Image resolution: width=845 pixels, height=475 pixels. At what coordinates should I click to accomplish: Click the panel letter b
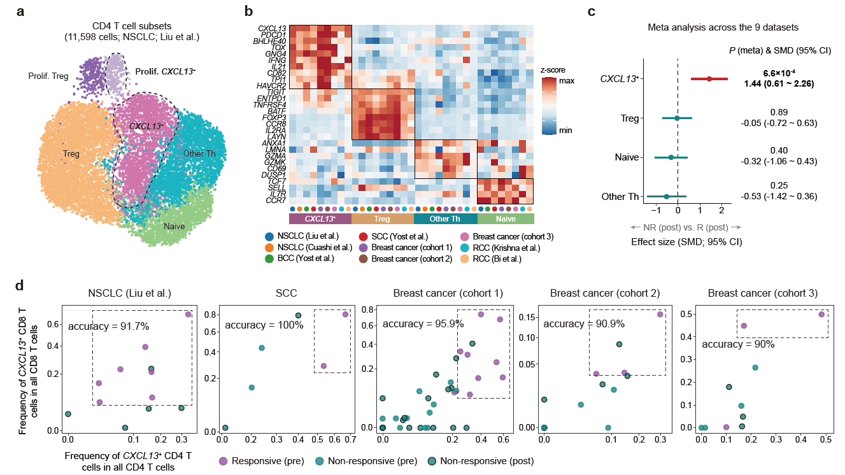248,11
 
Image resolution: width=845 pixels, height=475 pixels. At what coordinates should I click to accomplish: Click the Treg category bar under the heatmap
382,218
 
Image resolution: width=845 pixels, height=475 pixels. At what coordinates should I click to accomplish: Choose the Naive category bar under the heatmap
506,218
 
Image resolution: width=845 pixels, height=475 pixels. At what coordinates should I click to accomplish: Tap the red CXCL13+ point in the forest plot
709,79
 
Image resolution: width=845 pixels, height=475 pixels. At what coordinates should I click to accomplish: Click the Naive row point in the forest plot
671,157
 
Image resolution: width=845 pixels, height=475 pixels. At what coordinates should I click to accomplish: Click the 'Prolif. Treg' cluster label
48,76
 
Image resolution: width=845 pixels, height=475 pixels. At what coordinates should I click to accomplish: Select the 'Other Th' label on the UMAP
198,154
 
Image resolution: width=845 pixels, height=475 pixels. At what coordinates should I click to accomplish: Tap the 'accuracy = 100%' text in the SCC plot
264,325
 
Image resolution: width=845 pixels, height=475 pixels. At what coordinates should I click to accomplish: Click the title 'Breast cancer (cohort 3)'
763,293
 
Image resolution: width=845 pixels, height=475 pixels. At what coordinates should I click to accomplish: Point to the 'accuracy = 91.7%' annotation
109,326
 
